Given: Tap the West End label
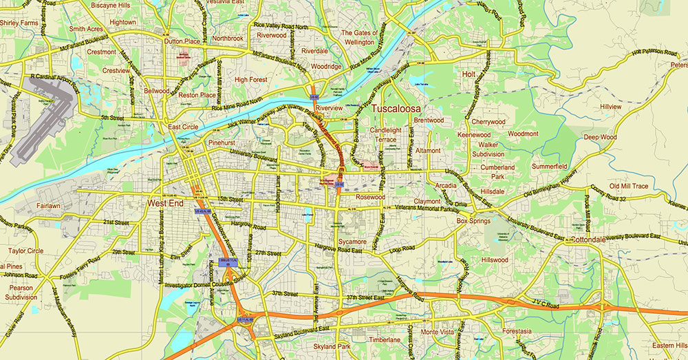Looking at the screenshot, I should (x=165, y=204).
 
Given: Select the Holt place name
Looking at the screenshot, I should (x=469, y=74).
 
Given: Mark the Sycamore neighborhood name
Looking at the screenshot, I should (x=352, y=242).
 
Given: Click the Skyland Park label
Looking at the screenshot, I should (x=332, y=346).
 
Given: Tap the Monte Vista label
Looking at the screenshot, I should (x=438, y=332).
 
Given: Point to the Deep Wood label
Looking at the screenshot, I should (x=601, y=137).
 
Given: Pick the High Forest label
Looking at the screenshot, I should (x=250, y=80).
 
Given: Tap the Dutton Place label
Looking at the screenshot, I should (x=182, y=41).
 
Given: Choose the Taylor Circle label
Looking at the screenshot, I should (x=26, y=251).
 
